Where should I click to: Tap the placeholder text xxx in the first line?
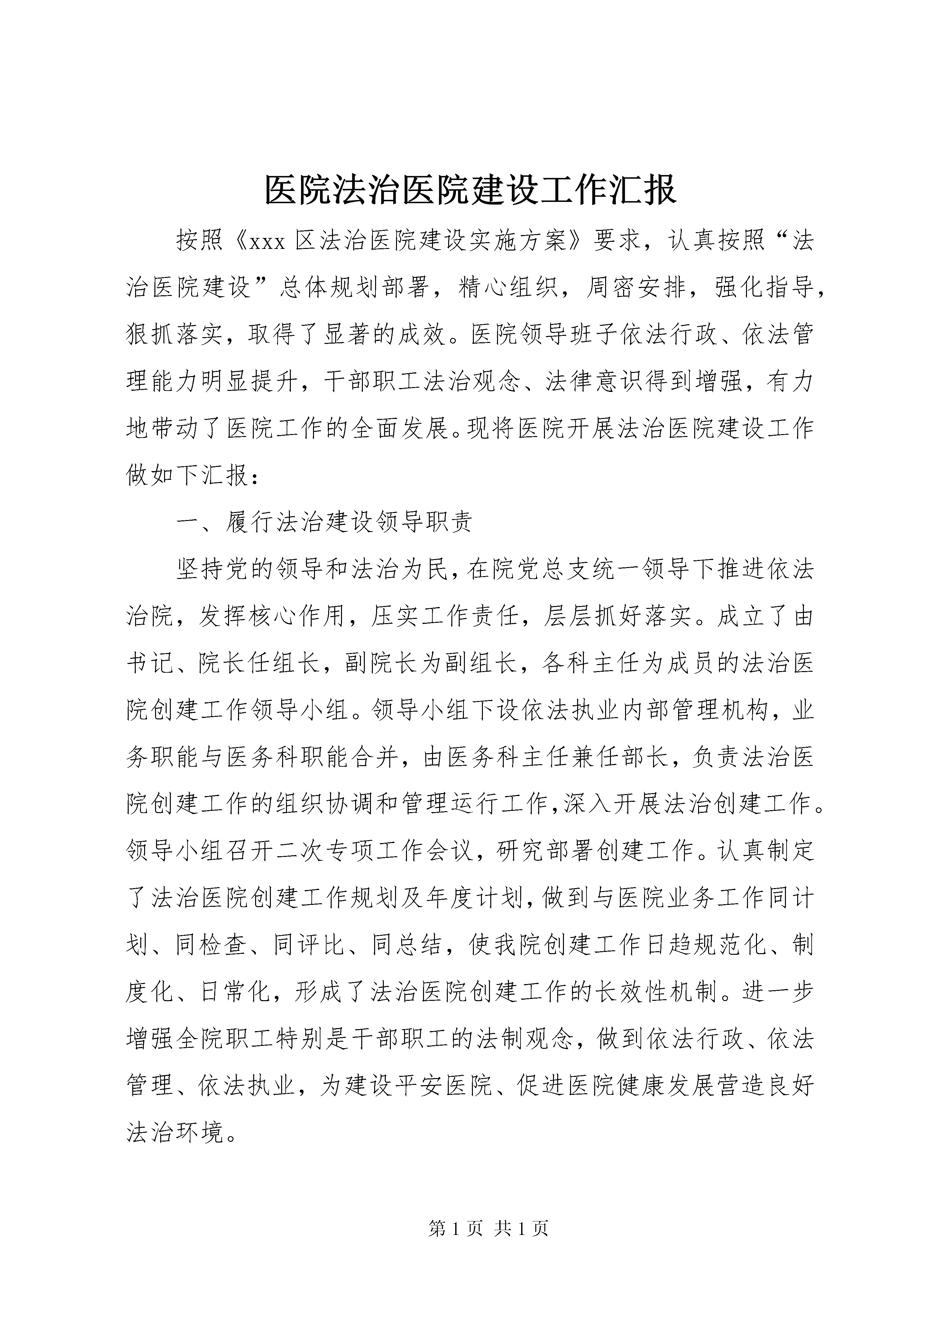[268, 242]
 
